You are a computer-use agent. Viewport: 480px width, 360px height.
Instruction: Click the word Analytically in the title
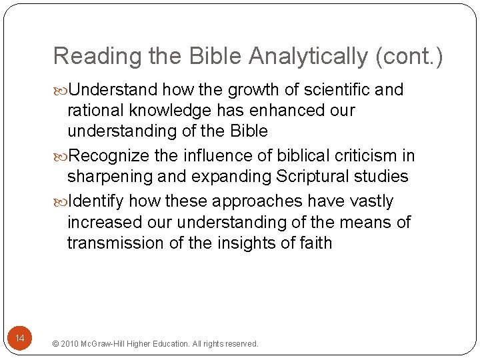308,57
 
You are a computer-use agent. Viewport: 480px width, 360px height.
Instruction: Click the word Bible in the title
212,57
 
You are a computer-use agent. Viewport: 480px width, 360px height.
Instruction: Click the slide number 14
20,339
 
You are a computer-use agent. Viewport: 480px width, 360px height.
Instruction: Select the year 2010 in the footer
69,344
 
